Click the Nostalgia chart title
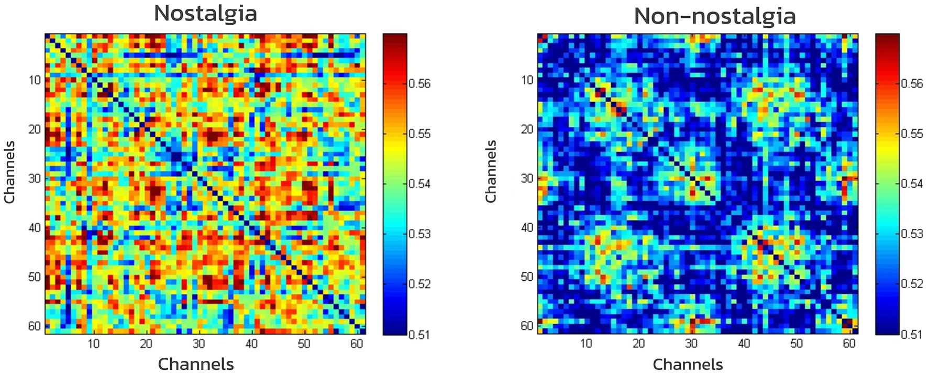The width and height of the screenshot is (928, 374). pos(205,13)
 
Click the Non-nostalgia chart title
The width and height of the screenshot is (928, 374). pos(714,16)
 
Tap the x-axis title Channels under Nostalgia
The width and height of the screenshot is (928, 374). pos(196,364)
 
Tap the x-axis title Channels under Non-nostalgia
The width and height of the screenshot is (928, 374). pos(688,364)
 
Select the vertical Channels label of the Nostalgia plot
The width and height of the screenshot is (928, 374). pos(9,172)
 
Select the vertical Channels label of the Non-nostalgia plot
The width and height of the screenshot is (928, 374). pos(491,172)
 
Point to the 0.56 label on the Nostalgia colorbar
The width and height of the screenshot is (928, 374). pos(419,84)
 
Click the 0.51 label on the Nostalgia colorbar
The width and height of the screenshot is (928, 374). pos(419,334)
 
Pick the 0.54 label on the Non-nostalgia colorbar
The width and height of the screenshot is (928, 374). pos(911,184)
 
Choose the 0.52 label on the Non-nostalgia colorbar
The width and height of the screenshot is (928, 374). pos(911,284)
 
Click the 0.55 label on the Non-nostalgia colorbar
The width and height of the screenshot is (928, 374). pos(911,134)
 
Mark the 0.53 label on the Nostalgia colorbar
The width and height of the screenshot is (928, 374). pos(419,234)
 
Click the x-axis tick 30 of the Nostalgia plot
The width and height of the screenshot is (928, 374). pos(198,344)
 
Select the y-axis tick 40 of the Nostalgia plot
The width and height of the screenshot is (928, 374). pos(35,228)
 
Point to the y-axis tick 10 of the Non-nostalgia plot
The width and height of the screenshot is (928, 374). pos(527,80)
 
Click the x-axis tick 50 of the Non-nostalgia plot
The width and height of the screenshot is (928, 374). pos(797,344)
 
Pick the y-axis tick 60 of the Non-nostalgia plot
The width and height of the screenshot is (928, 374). pos(527,326)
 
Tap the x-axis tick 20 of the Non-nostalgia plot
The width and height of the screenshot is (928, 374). pos(638,344)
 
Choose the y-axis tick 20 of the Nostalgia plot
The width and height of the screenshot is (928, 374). pos(35,129)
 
